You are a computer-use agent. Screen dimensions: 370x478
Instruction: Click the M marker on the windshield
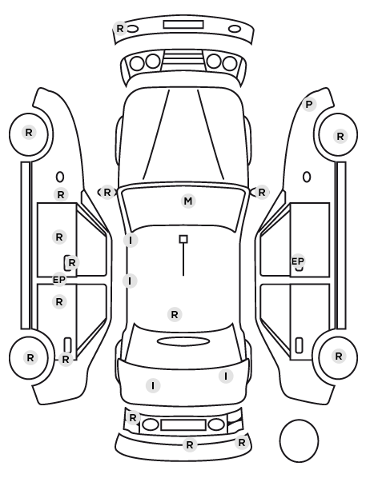[x=188, y=201]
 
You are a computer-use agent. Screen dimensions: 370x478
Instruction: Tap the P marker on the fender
[x=309, y=105]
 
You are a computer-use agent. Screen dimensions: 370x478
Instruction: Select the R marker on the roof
[x=175, y=315]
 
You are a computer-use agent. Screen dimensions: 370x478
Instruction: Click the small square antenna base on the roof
[x=183, y=239]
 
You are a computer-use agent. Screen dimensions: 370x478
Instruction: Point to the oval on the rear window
[x=183, y=341]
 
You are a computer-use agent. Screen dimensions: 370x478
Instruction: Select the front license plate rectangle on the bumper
[x=183, y=25]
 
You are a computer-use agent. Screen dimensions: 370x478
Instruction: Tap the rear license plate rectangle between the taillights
[x=183, y=424]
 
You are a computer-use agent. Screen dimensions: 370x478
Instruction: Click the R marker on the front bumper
[x=120, y=28]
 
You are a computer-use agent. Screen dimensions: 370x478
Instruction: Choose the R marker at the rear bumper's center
[x=190, y=444]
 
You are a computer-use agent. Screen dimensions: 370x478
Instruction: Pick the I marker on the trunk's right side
[x=226, y=376]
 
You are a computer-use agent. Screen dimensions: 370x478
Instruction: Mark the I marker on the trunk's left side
[x=153, y=386]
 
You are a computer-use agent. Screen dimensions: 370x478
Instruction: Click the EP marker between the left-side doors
[x=59, y=279]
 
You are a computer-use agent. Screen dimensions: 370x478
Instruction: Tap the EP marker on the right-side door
[x=298, y=261]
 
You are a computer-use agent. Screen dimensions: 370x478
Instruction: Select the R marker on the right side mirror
[x=262, y=193]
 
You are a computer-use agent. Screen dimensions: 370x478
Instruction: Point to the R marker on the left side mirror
[x=107, y=193]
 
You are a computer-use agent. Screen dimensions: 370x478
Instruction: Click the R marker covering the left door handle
[x=72, y=262]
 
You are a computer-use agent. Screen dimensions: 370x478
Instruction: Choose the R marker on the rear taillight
[x=133, y=417]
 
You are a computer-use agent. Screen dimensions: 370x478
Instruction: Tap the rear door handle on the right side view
[x=299, y=345]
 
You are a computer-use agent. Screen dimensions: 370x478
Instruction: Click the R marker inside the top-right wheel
[x=340, y=136]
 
